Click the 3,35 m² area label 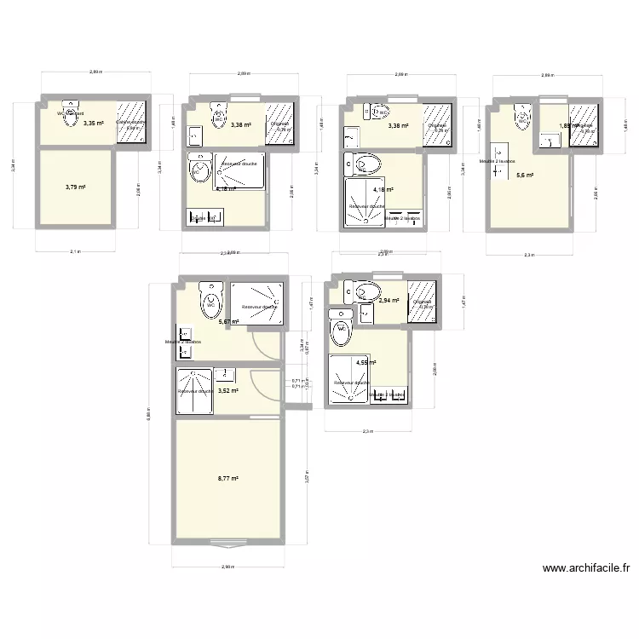tap(93, 124)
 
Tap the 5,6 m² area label tap(524, 176)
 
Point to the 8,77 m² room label tap(227, 479)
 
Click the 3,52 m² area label tap(227, 391)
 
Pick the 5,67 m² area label tap(227, 322)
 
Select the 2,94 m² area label tap(389, 301)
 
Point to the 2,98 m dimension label tap(227, 567)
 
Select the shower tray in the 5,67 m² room tap(256, 305)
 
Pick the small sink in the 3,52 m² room tap(225, 373)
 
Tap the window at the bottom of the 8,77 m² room tap(227, 541)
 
